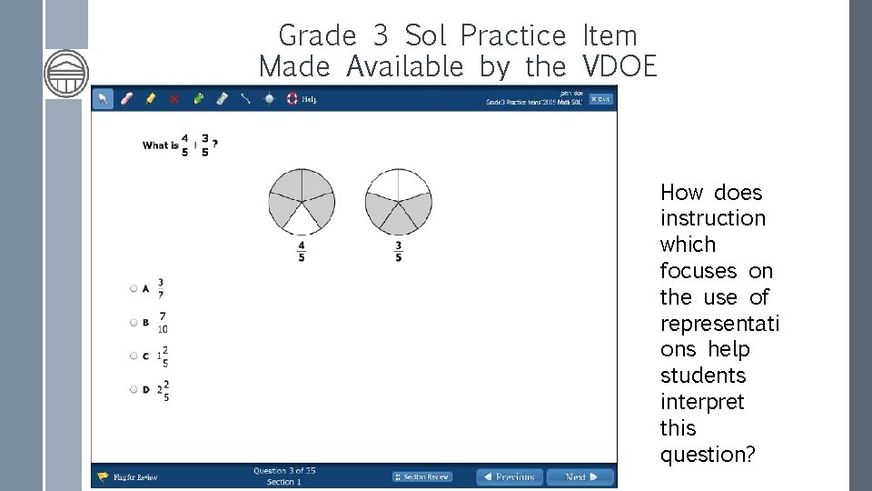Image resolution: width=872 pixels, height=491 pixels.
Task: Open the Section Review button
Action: click(422, 476)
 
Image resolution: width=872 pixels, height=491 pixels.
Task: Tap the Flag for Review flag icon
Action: click(103, 476)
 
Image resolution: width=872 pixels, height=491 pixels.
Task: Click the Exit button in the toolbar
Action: click(600, 99)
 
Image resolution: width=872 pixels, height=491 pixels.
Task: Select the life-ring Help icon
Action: click(292, 99)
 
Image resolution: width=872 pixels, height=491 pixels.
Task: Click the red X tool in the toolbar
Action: click(174, 99)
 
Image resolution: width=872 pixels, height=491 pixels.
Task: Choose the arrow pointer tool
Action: click(104, 99)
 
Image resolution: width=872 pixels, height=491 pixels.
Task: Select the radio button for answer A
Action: click(134, 288)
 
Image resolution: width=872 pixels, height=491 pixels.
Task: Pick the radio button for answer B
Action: click(134, 322)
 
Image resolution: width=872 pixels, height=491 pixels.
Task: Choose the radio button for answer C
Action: click(134, 356)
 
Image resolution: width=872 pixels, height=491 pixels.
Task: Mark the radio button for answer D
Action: click(134, 389)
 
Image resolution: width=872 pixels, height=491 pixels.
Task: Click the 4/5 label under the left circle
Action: click(302, 250)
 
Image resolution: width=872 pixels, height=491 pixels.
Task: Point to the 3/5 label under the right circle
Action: click(398, 250)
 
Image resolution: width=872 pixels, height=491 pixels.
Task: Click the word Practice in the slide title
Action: click(512, 35)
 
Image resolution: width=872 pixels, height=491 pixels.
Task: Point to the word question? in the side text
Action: click(708, 454)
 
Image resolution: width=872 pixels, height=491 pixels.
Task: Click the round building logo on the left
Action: click(66, 73)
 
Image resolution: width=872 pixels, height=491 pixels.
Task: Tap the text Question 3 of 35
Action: click(284, 471)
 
